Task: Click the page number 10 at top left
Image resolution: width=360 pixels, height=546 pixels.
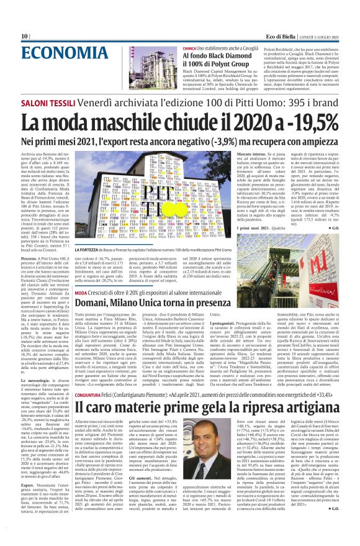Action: [25, 36]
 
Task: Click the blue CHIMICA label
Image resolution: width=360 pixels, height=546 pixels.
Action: [190, 48]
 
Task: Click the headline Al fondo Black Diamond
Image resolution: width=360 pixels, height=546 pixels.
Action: [215, 57]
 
